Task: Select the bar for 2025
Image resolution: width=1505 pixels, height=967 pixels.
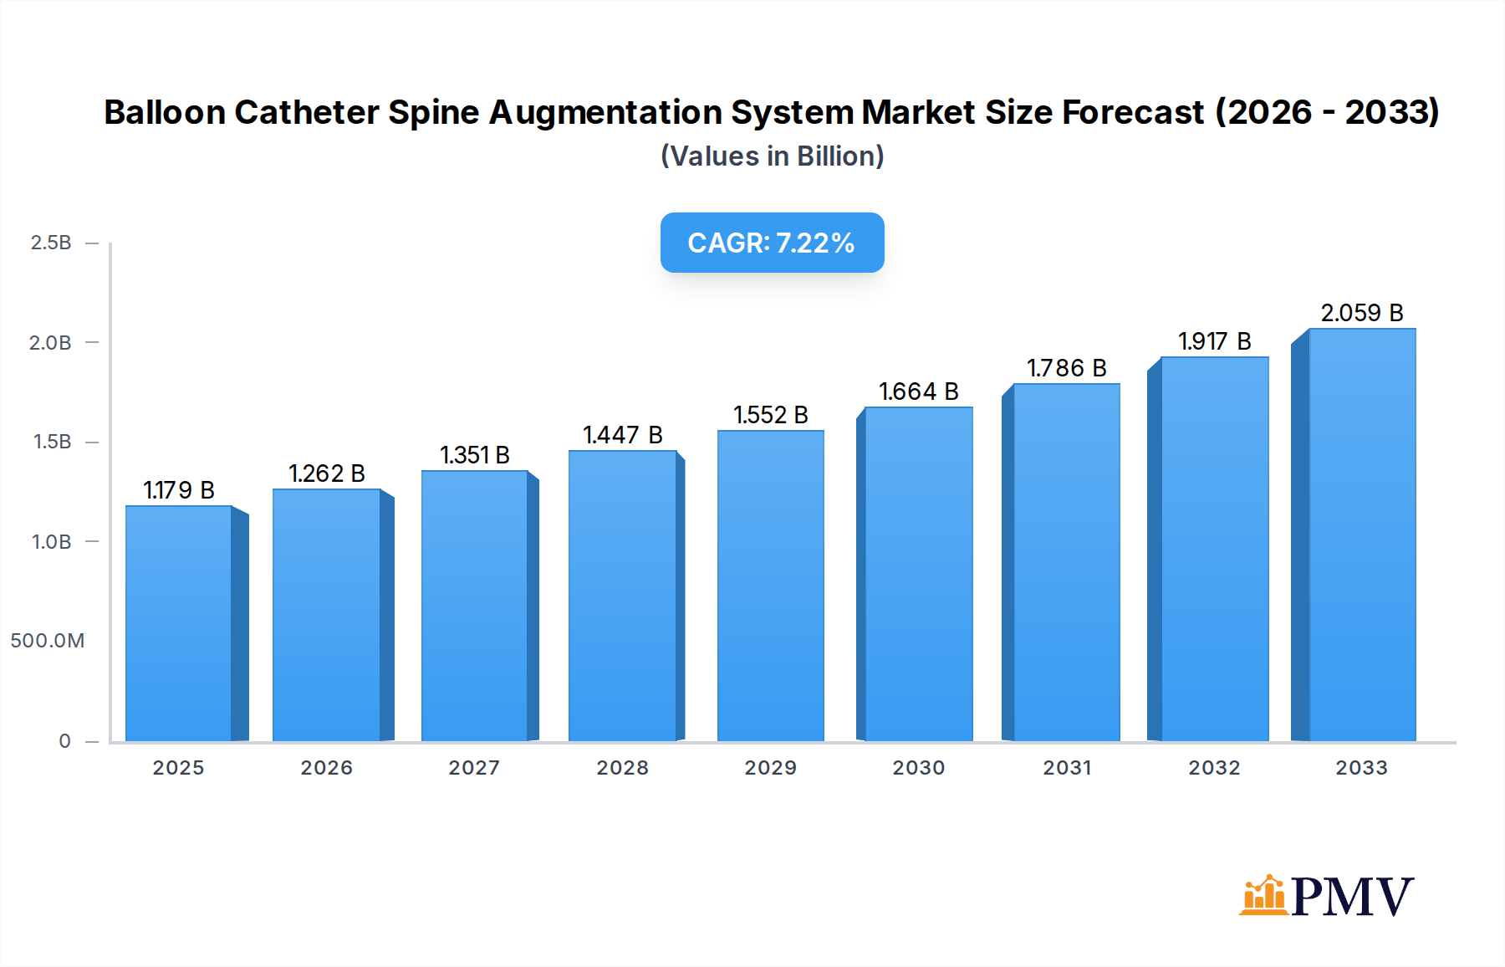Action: pos(178,623)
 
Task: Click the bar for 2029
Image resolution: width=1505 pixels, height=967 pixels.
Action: pos(770,586)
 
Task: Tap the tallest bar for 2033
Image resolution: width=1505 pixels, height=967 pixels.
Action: pos(1362,535)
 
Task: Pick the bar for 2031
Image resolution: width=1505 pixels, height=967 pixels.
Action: pos(1066,562)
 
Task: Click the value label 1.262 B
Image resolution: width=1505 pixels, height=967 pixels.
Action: pos(327,473)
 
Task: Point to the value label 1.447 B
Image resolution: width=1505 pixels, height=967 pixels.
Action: pos(623,435)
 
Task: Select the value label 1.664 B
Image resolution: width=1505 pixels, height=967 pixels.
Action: pos(918,391)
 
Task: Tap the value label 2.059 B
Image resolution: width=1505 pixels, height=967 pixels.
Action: pos(1361,313)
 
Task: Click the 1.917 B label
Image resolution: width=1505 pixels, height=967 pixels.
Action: pos(1214,341)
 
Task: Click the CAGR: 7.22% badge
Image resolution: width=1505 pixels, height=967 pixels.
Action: pos(772,243)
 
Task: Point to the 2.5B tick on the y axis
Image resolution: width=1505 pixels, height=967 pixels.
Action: pos(51,243)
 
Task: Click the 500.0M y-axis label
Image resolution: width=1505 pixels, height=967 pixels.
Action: pos(48,641)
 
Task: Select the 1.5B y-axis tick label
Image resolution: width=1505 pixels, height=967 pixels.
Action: pos(52,442)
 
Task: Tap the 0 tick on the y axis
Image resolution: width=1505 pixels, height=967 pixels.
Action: pos(64,741)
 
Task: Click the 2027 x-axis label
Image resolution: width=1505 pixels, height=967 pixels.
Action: pos(474,768)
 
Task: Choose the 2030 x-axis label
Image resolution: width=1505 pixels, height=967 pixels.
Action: pos(918,768)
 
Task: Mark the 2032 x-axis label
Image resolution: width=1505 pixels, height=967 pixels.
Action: pos(1214,768)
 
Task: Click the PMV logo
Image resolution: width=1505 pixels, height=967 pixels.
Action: pos(1326,896)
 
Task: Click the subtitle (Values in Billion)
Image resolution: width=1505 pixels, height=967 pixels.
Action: pos(772,156)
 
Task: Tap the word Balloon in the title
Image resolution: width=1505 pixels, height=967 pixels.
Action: pos(165,112)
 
